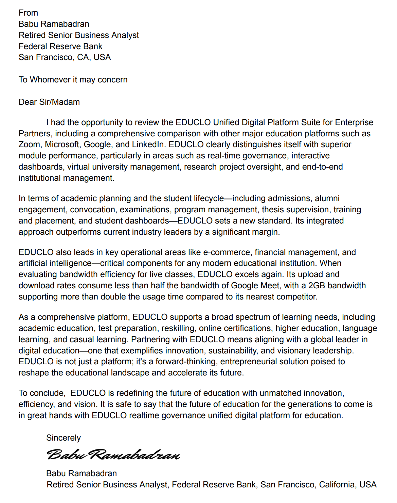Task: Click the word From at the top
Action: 28,13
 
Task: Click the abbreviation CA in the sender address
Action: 83,57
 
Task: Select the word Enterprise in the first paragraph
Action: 354,122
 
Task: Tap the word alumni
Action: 327,198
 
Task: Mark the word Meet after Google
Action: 270,286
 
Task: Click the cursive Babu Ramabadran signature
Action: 113,454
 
